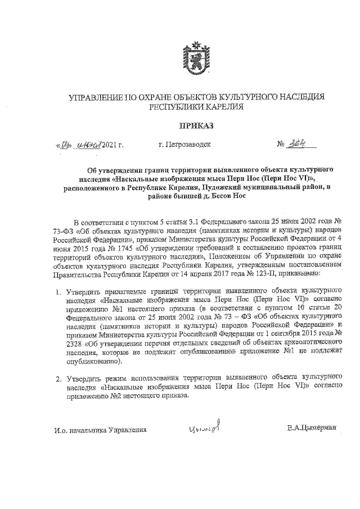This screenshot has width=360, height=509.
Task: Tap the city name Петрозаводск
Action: pyautogui.click(x=185, y=145)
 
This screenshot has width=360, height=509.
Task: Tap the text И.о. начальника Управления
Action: pyautogui.click(x=101, y=430)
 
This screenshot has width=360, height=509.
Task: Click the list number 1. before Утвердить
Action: pyautogui.click(x=58, y=292)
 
